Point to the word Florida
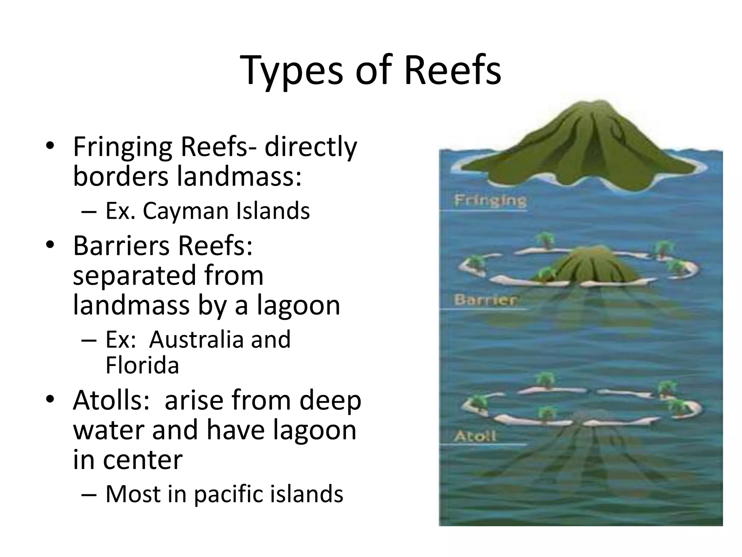point(142,365)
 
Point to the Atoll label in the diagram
point(475,436)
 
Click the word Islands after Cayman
point(272,211)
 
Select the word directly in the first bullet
point(310,147)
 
